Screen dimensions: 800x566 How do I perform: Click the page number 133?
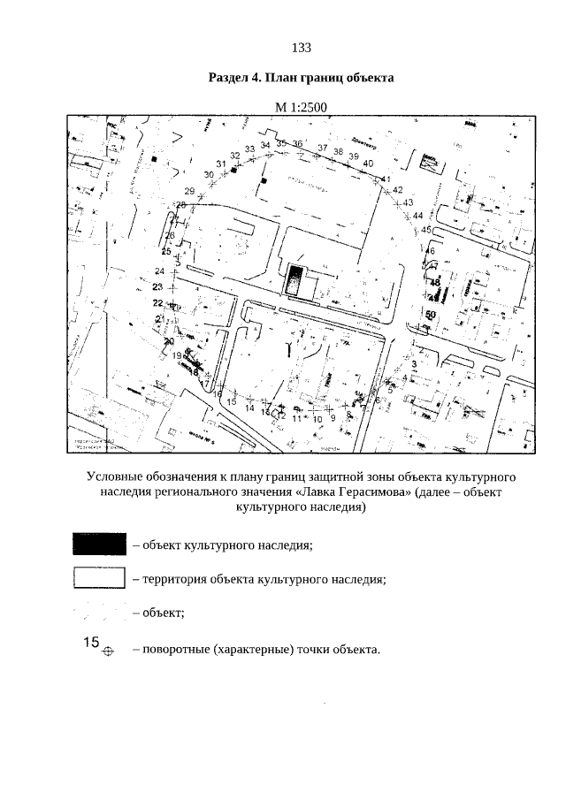pos(300,47)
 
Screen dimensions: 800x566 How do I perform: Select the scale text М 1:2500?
pos(301,107)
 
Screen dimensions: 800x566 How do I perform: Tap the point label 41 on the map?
pos(386,180)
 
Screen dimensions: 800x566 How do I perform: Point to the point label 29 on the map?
pos(189,191)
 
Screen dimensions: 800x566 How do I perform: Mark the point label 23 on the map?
pos(158,287)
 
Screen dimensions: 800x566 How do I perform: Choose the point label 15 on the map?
pos(232,402)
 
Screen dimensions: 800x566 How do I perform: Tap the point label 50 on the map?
pos(432,314)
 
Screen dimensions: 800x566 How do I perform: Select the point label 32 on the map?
pos(234,156)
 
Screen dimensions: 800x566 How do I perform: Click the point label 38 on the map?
pos(338,151)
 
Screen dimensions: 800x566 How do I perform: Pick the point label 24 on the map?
pos(160,270)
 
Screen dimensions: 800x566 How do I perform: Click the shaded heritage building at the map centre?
pos(293,280)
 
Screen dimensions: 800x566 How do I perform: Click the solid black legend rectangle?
pos(99,544)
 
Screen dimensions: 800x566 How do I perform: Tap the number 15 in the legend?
pos(85,643)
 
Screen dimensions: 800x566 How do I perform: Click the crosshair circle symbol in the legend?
pos(108,652)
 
